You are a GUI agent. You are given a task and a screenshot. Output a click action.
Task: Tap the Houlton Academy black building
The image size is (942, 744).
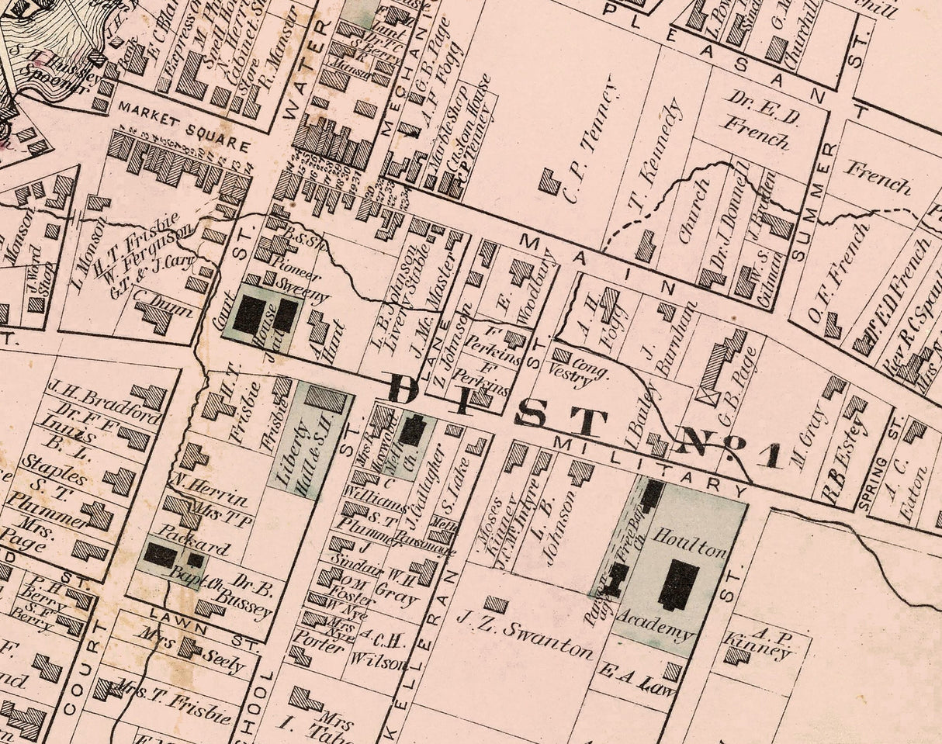679,583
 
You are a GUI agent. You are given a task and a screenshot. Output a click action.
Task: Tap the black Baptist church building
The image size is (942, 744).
161,555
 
